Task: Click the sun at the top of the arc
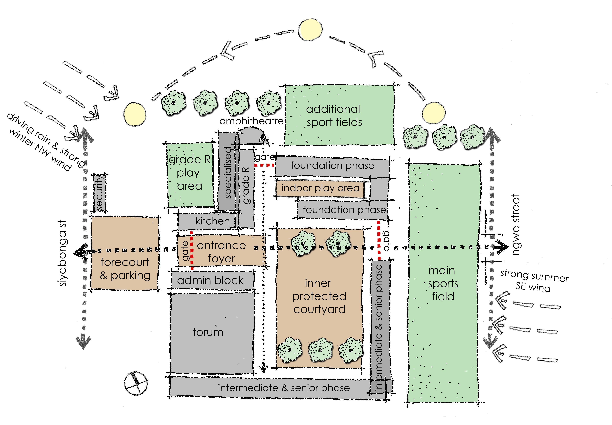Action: (x=310, y=30)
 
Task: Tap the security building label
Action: (x=99, y=192)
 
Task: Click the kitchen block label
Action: (x=212, y=221)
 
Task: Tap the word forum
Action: (x=208, y=332)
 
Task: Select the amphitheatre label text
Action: (x=251, y=121)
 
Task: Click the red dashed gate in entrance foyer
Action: (x=192, y=250)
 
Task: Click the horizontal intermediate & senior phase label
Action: (x=284, y=388)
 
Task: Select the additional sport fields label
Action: (x=334, y=116)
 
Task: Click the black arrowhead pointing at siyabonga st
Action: (x=80, y=252)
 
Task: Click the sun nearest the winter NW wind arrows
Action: (x=135, y=114)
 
